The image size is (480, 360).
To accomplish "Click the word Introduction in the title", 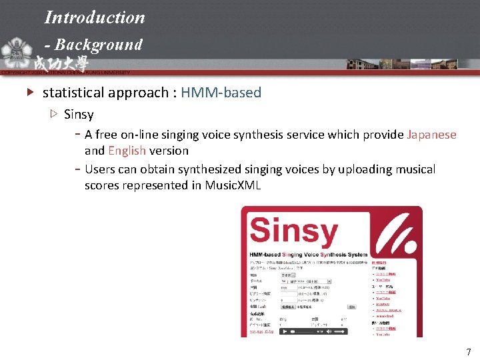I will coord(95,17).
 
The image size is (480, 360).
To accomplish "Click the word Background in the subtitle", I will coord(99,45).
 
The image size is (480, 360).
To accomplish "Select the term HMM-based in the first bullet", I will coord(221,93).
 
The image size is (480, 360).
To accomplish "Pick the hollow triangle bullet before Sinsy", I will coord(54,115).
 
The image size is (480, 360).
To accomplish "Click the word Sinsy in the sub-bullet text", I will coord(79,115).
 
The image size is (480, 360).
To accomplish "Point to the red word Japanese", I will coord(431,135).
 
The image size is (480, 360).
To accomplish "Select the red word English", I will coord(127,151).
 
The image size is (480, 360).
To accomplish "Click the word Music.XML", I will coord(233,185).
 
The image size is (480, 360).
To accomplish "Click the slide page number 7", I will coord(469,352).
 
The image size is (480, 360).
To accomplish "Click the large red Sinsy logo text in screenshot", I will coord(293,231).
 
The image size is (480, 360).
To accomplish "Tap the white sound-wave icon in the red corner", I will coord(400,227).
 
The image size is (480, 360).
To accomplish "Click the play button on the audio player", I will coord(285,331).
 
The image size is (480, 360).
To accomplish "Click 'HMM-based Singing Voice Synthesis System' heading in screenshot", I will coord(308,255).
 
